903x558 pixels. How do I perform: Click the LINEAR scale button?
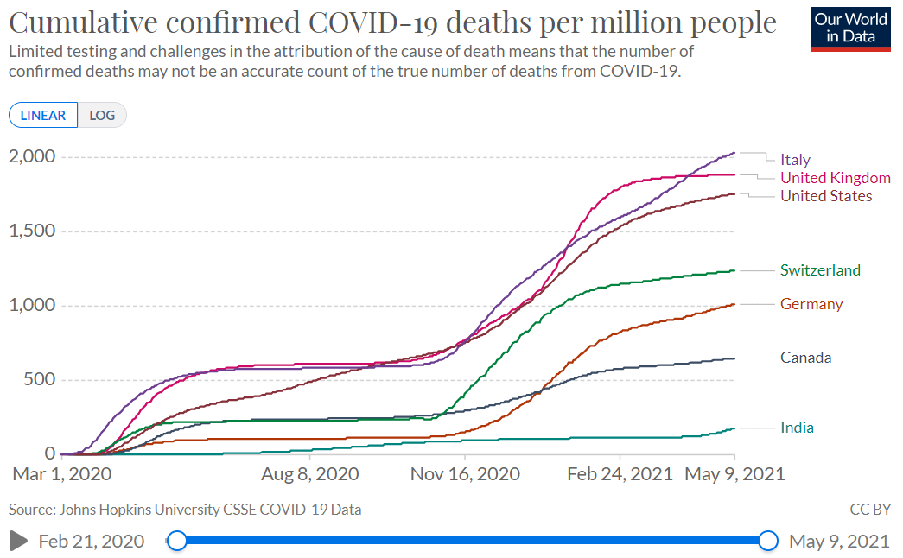pyautogui.click(x=43, y=115)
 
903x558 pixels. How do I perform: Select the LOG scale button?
pyautogui.click(x=102, y=115)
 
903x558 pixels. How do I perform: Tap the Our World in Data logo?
pyautogui.click(x=851, y=29)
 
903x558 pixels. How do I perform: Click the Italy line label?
pyautogui.click(x=795, y=160)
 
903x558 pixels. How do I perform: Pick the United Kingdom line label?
pyautogui.click(x=835, y=178)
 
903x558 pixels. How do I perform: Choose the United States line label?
pyautogui.click(x=826, y=196)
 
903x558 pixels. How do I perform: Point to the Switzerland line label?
pyautogui.click(x=820, y=270)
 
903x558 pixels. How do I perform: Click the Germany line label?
pyautogui.click(x=811, y=304)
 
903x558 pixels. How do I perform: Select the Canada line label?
pyautogui.click(x=805, y=358)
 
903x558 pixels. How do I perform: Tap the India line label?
pyautogui.click(x=797, y=428)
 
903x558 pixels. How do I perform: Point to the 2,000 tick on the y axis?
pyautogui.click(x=32, y=156)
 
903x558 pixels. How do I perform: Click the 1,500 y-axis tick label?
pyautogui.click(x=32, y=231)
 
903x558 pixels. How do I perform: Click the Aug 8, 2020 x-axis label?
pyautogui.click(x=310, y=474)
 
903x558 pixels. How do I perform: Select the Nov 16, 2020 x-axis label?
pyautogui.click(x=465, y=474)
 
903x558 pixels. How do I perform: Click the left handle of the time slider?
pyautogui.click(x=176, y=542)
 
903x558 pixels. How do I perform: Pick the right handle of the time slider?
pyautogui.click(x=768, y=542)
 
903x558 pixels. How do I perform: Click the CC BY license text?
pyautogui.click(x=869, y=510)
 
